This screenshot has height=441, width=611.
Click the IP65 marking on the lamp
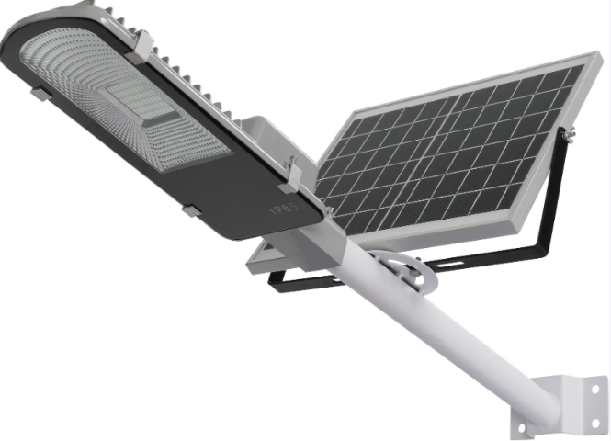coord(286,207)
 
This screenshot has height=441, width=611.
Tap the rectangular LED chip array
coord(145,103)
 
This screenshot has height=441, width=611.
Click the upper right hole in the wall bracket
coord(595,389)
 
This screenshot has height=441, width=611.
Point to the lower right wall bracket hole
coord(595,423)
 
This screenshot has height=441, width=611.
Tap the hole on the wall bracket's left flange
coord(521,428)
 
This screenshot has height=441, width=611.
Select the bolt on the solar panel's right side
coord(570,133)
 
